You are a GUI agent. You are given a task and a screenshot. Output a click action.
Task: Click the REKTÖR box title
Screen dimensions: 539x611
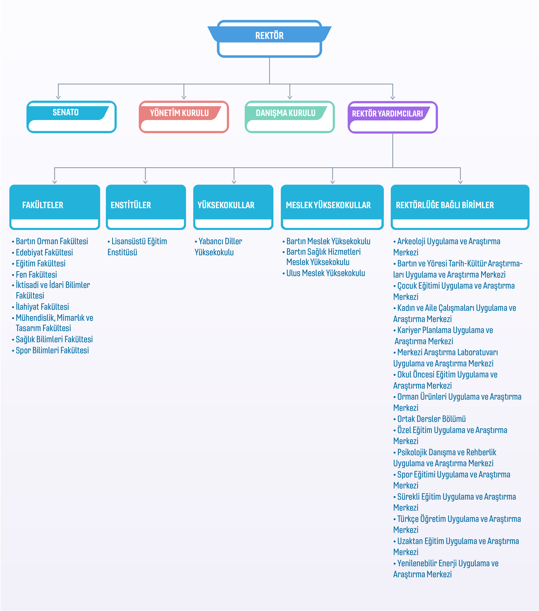[x=269, y=36]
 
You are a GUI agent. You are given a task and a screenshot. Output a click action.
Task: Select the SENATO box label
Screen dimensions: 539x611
[x=66, y=112]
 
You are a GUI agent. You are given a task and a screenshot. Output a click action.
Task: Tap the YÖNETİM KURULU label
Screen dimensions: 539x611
[x=179, y=113]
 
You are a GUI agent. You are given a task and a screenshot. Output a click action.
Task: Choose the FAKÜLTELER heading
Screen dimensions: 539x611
[x=43, y=205]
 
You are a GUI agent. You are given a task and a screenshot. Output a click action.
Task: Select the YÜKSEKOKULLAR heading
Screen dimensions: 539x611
[x=226, y=205]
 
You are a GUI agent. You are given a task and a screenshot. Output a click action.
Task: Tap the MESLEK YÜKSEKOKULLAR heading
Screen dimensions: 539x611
[x=328, y=205]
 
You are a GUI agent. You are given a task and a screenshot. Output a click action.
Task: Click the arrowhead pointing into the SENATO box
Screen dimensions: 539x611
[x=58, y=98]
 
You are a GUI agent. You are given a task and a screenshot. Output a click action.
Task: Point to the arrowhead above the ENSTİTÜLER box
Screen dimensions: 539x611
[x=145, y=182]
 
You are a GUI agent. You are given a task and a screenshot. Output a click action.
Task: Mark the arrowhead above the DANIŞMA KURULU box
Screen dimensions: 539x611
[x=290, y=98]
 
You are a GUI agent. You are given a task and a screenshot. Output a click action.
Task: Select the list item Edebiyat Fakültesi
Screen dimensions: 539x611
[x=44, y=253]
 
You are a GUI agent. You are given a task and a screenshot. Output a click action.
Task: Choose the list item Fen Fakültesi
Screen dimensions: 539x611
[x=36, y=275]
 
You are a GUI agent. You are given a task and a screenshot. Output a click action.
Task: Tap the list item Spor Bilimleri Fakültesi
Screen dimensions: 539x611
[x=52, y=350]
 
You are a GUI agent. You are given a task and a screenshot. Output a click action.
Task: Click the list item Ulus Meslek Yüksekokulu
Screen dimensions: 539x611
[x=325, y=273]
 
